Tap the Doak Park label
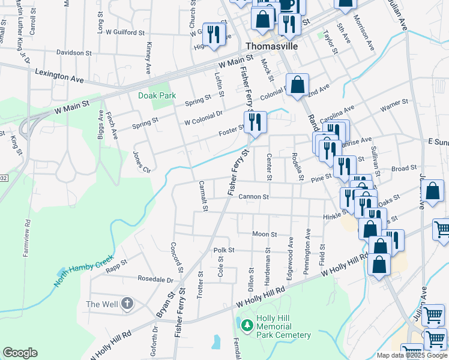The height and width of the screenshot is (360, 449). (x=158, y=95)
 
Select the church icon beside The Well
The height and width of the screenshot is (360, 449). (x=127, y=304)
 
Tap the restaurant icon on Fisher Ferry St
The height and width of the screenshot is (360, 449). (x=255, y=122)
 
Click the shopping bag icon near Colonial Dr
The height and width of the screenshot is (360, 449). (x=297, y=85)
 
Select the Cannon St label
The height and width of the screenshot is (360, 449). (x=253, y=197)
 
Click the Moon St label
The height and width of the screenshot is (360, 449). (x=264, y=234)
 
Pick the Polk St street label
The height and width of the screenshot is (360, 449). (x=223, y=250)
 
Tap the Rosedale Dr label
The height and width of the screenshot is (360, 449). (x=155, y=280)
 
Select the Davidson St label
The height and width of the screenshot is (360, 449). (x=73, y=53)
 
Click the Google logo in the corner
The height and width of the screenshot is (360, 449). (x=20, y=353)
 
